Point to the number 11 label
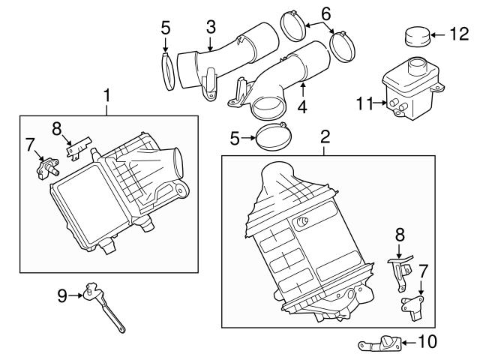tap(364, 103)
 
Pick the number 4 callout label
tap(301, 106)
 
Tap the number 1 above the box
tap(107, 95)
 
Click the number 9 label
tap(62, 295)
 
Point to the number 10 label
tap(426, 343)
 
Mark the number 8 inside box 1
tap(55, 127)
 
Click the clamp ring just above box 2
tap(270, 137)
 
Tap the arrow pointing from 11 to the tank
tap(379, 103)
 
